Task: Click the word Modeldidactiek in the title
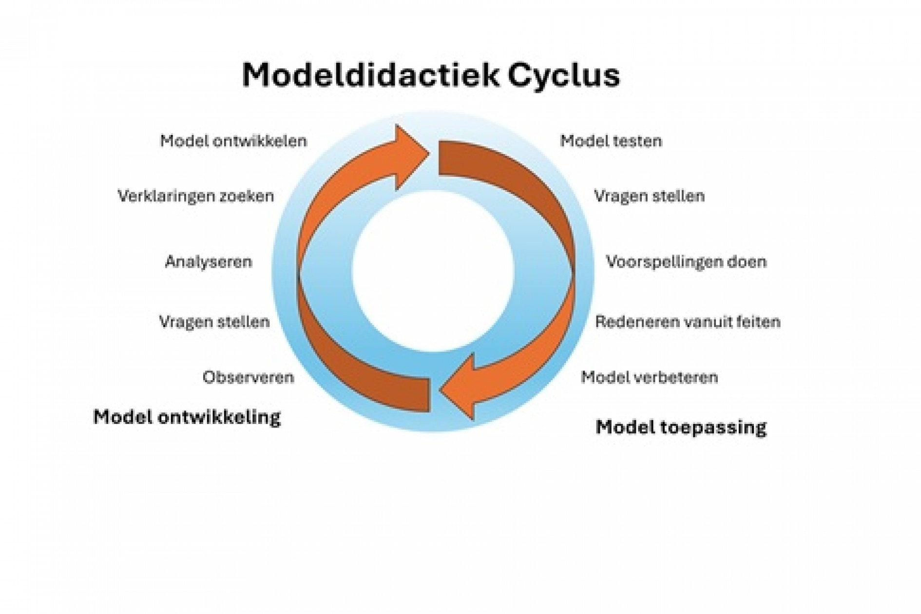(x=370, y=76)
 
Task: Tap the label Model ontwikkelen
(x=233, y=141)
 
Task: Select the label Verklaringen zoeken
(x=196, y=196)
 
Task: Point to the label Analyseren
(x=209, y=262)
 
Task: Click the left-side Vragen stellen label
(x=214, y=322)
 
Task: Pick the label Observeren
(x=249, y=377)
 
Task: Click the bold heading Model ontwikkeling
(x=187, y=417)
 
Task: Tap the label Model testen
(x=611, y=141)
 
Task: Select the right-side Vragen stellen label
(x=649, y=196)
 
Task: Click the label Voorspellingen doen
(x=686, y=262)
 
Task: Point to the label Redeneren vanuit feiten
(x=688, y=322)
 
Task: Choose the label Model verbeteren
(x=649, y=377)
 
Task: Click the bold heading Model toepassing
(x=681, y=427)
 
